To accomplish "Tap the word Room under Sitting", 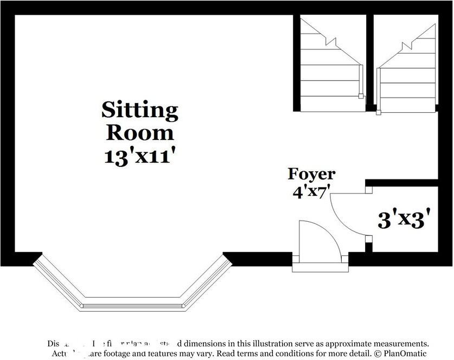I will [140, 132].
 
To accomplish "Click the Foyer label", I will [311, 174].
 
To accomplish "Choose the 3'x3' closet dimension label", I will [407, 220].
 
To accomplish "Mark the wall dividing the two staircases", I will [370, 60].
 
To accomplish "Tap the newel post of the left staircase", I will [360, 97].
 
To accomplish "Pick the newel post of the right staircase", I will [379, 113].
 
